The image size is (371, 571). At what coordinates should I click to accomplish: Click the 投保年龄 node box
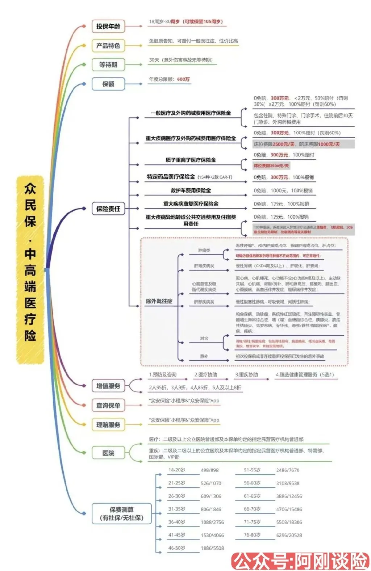point(108,26)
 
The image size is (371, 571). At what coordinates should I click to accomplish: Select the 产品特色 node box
point(108,46)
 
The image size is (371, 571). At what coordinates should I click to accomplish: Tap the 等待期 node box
point(108,65)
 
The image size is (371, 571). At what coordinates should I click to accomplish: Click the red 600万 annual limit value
point(183,79)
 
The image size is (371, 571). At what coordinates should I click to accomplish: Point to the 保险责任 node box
point(108,209)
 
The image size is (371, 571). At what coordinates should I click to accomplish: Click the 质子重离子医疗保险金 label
point(191,160)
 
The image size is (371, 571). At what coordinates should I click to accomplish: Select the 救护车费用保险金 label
point(191,190)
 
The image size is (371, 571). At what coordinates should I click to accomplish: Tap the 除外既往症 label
point(159,301)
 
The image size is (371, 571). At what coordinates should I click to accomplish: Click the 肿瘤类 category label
point(204,251)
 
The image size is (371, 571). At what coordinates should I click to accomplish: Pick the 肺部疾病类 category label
point(204,302)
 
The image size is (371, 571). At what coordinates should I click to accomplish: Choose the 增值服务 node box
point(108,386)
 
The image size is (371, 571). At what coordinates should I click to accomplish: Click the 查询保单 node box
point(108,406)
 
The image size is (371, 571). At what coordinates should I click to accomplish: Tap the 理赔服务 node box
point(108,425)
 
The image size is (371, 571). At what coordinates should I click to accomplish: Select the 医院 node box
point(108,453)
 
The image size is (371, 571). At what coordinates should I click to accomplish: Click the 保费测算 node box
point(121,514)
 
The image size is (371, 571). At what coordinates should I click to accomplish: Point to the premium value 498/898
point(210,470)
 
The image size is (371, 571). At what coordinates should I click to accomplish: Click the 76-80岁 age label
point(252,535)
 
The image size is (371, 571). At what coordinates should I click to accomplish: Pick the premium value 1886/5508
point(212,549)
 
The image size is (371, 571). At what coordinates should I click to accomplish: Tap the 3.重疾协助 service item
point(246,375)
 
